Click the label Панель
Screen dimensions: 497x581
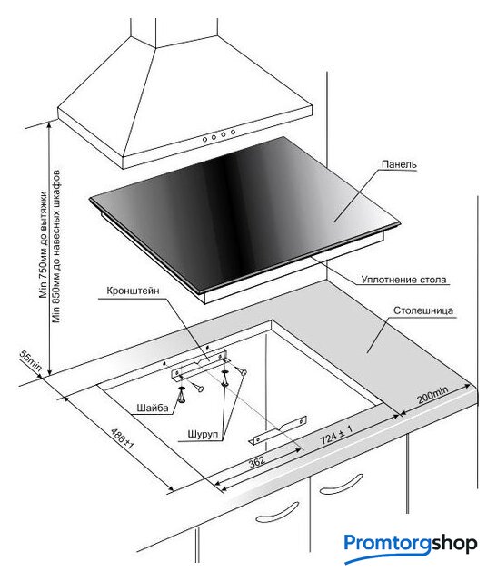coord(399,164)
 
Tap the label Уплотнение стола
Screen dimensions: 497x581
coord(403,280)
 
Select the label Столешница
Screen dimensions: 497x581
coord(423,310)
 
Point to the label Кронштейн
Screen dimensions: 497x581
coord(133,290)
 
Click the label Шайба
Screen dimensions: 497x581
coord(153,408)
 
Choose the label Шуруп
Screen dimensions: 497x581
coord(203,434)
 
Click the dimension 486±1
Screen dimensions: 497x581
coord(122,438)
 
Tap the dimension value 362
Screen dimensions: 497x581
coord(256,461)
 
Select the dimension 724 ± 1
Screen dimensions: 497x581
coord(336,434)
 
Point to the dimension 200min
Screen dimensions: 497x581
coord(432,394)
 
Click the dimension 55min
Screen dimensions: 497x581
coord(30,360)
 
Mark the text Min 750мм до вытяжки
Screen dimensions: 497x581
coord(44,244)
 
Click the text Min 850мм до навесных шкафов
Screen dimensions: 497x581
coord(56,246)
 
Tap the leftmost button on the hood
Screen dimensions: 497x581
coord(204,139)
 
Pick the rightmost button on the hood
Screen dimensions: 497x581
coord(233,132)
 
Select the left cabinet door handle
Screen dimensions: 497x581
coord(278,512)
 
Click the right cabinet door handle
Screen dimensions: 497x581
coord(342,484)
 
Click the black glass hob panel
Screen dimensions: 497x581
coord(244,215)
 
